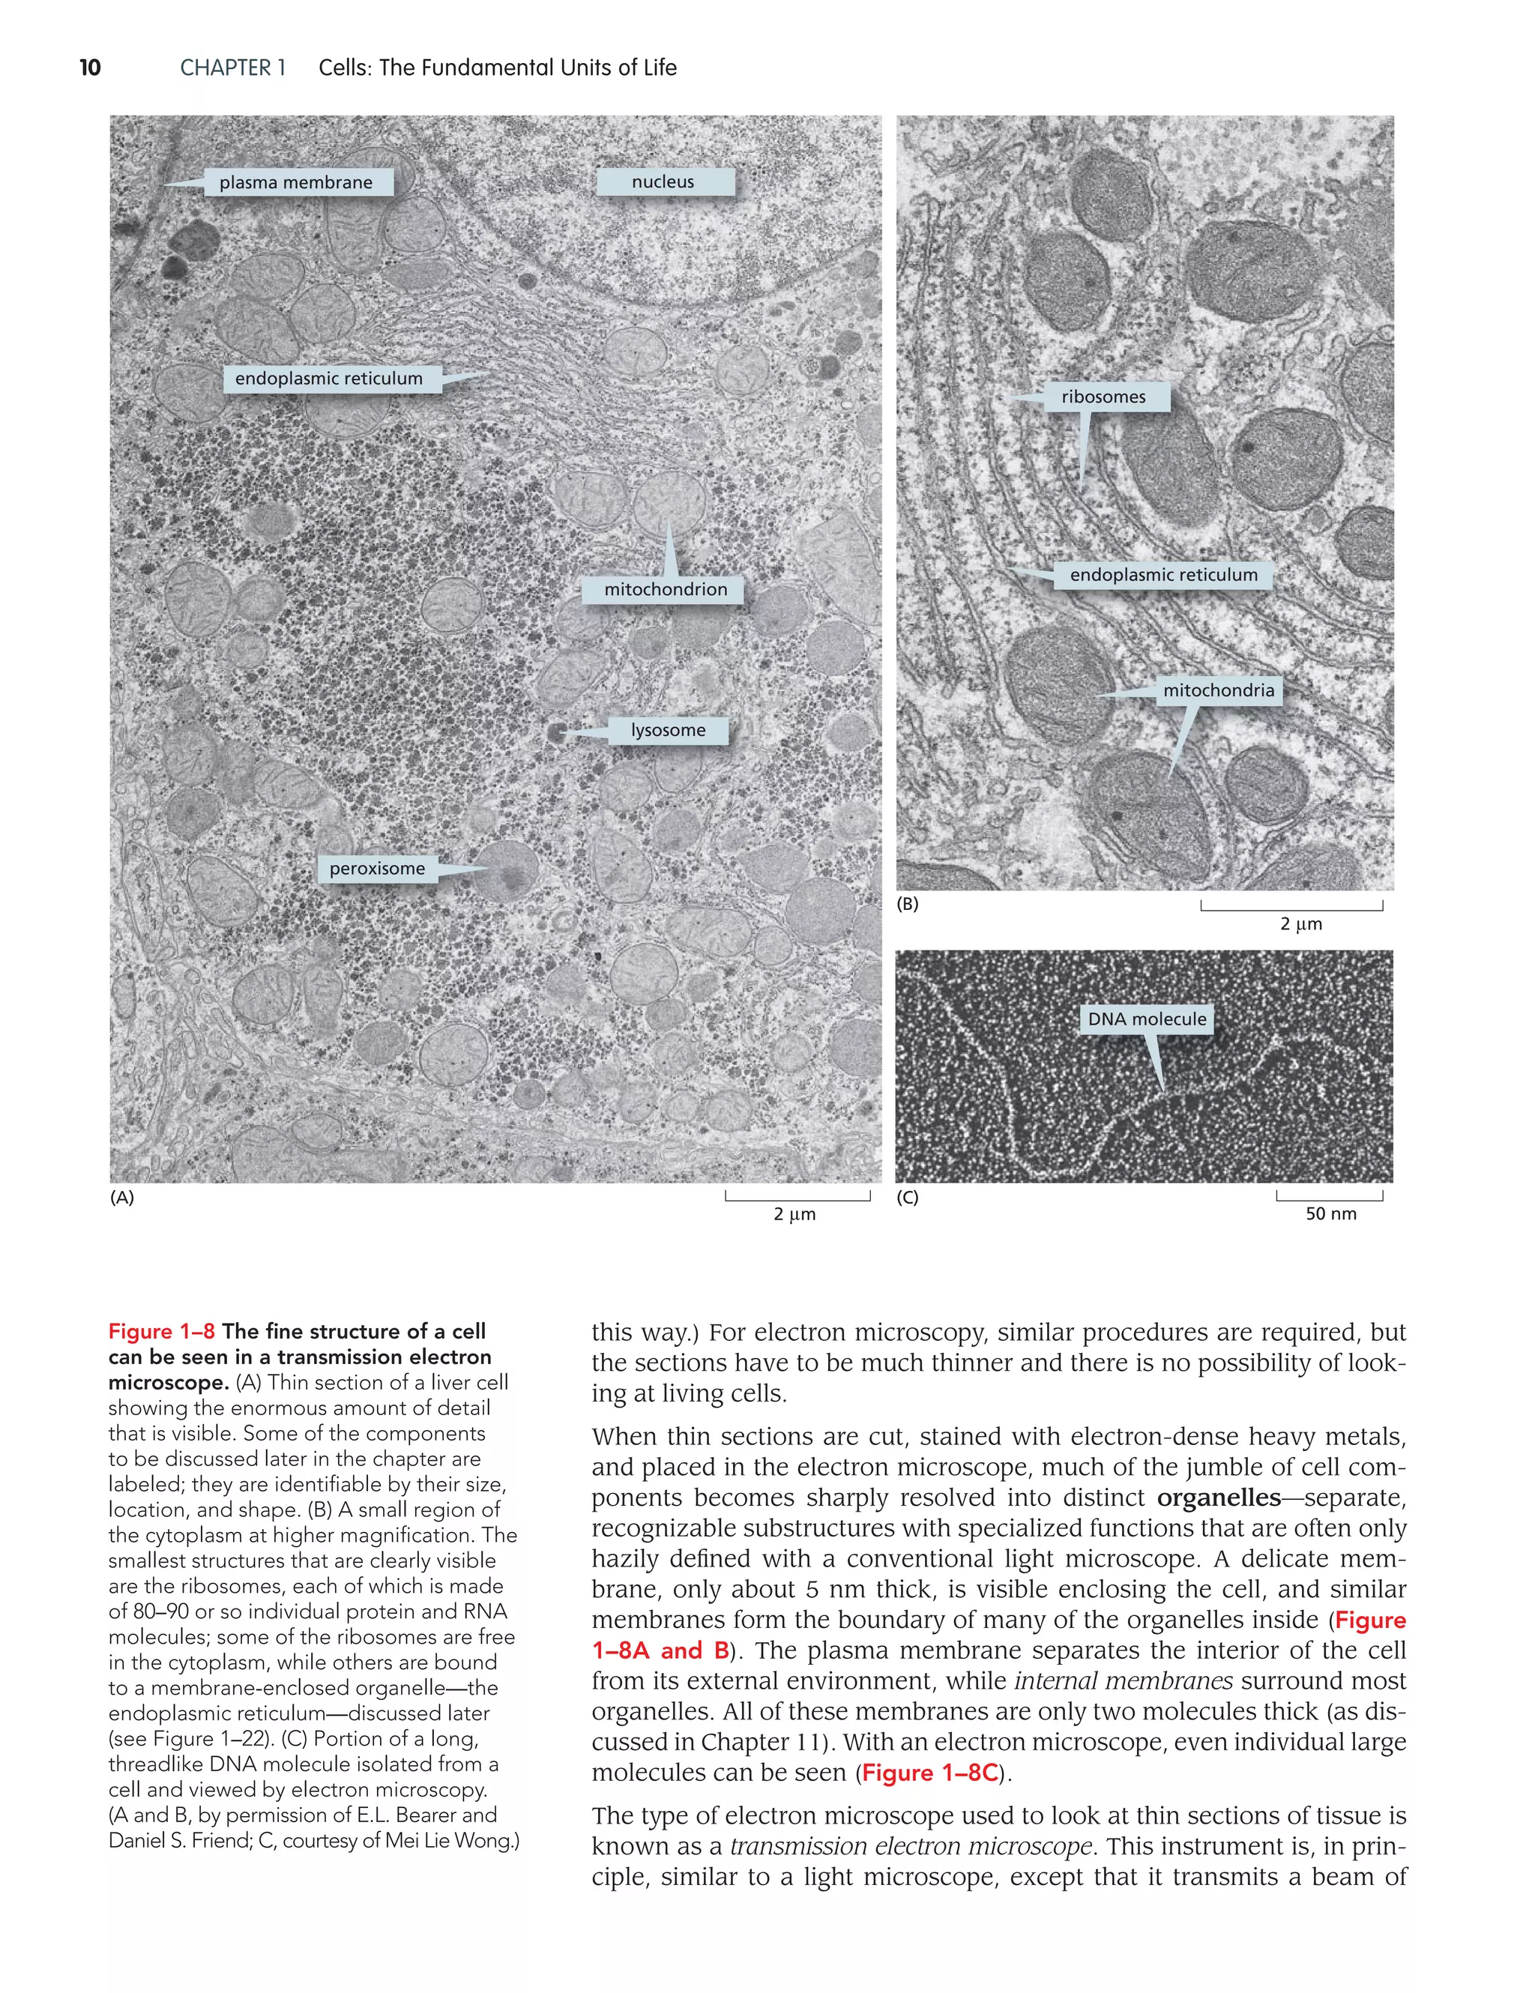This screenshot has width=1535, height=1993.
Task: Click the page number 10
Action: tap(91, 67)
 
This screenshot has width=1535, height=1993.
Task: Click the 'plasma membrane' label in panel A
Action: tap(296, 182)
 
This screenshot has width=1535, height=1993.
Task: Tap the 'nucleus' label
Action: tap(663, 181)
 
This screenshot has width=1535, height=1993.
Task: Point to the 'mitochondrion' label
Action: tap(666, 589)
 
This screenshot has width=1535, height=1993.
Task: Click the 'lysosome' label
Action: tap(668, 730)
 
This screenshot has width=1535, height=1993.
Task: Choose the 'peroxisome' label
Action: tap(377, 869)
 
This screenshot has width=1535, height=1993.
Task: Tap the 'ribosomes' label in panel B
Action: tap(1103, 397)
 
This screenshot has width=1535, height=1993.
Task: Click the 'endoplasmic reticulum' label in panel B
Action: tap(1163, 575)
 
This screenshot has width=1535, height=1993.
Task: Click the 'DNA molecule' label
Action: tap(1148, 1019)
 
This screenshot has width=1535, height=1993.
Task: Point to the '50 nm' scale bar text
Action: tap(1330, 1213)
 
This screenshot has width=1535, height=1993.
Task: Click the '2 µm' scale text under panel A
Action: tap(794, 1213)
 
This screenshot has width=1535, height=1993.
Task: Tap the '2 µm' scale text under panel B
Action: tap(1300, 923)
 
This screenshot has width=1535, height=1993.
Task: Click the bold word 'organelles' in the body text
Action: tap(1218, 1498)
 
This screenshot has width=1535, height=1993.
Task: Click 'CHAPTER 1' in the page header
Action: tap(232, 67)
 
